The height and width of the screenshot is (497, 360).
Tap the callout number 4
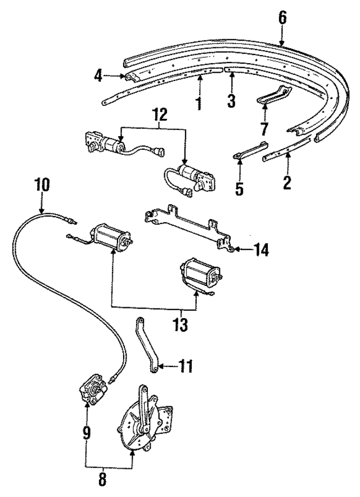[x=98, y=75]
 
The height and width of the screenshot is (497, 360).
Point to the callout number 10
[x=42, y=184]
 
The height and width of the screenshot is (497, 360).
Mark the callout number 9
[x=86, y=432]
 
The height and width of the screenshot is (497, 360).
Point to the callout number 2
[x=287, y=182]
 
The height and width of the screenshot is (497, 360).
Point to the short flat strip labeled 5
[x=250, y=149]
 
